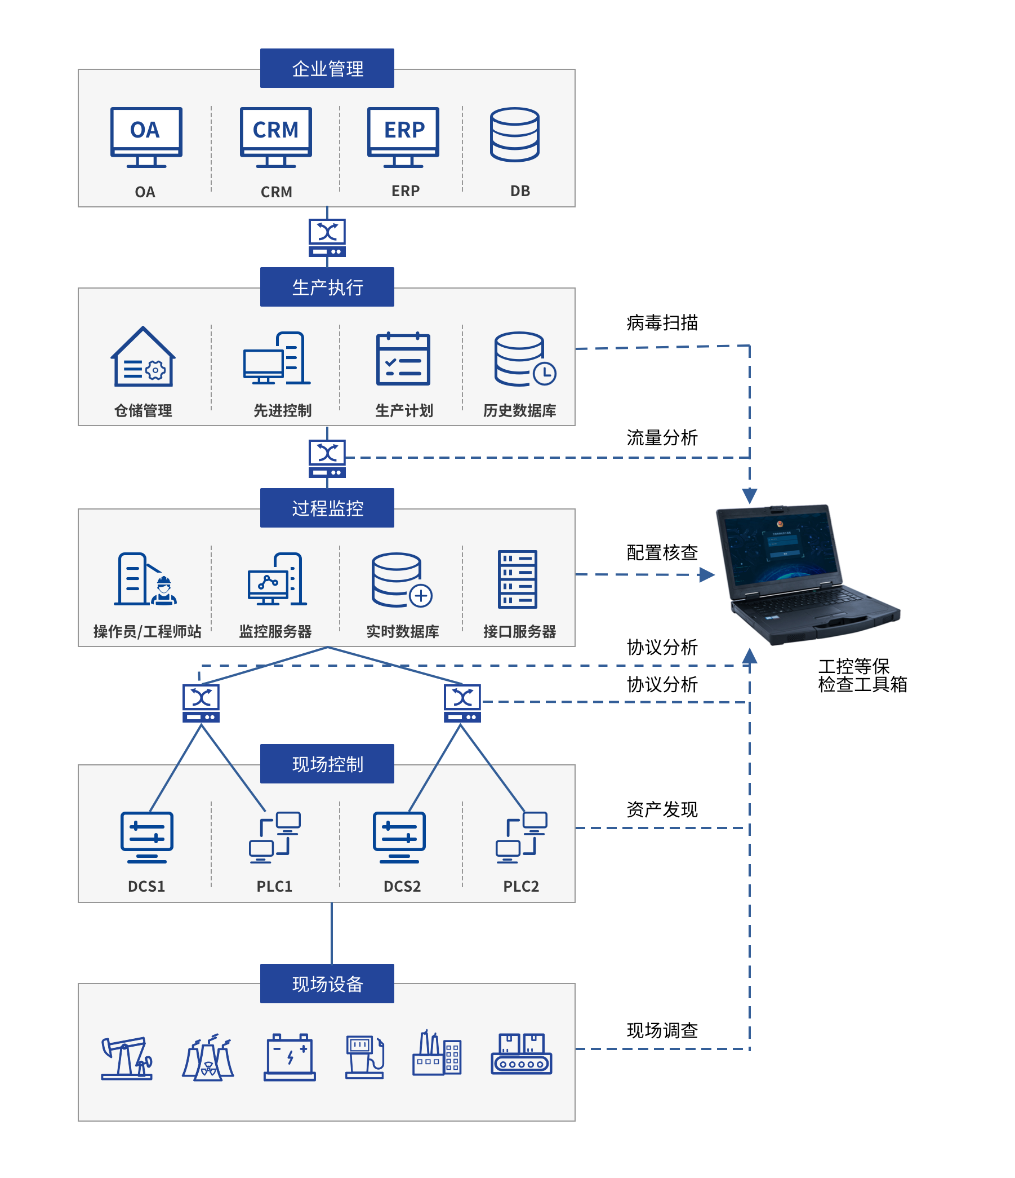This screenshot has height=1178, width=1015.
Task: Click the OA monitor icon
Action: [x=146, y=137]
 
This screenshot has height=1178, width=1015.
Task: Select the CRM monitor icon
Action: [x=275, y=137]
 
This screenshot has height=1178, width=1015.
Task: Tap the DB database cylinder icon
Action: [x=514, y=135]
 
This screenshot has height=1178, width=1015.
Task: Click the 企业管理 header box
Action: [x=327, y=68]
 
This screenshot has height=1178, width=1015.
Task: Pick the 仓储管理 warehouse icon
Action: [x=143, y=357]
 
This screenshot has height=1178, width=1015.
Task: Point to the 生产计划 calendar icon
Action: [x=403, y=358]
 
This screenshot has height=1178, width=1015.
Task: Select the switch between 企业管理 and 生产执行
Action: [x=327, y=238]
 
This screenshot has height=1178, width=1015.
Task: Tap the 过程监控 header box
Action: [x=327, y=508]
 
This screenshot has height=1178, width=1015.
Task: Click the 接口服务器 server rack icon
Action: [x=517, y=579]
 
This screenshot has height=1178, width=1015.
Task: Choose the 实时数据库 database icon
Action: [x=401, y=580]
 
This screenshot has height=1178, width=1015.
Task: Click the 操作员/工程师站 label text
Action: [x=147, y=631]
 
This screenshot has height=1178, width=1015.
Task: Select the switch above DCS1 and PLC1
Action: [x=201, y=703]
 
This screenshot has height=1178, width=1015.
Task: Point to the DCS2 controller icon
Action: [x=399, y=838]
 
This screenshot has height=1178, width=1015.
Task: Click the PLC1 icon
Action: [x=274, y=838]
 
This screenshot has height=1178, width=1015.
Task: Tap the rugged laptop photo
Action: [x=812, y=574]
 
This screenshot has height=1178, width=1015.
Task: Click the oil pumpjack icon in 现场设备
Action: [x=127, y=1058]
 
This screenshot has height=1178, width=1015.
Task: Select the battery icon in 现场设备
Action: [x=290, y=1057]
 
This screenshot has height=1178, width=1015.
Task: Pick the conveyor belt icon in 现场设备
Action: [x=521, y=1054]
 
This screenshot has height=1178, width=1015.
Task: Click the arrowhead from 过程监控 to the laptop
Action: [x=706, y=575]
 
